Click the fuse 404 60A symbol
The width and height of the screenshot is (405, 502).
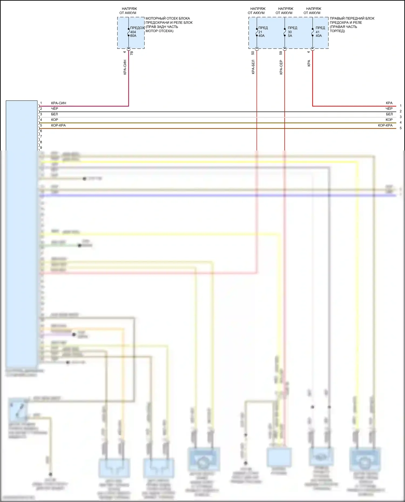click(x=129, y=32)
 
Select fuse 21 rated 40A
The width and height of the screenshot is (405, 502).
click(x=257, y=32)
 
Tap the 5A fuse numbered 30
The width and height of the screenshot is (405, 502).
click(x=285, y=32)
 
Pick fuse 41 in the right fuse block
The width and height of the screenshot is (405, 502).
click(x=313, y=32)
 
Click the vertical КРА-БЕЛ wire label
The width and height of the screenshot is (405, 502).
click(x=253, y=67)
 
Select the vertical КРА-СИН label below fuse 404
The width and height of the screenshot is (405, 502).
click(x=125, y=67)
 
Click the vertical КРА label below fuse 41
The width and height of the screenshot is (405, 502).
click(x=309, y=63)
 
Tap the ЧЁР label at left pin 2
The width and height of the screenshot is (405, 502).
click(x=55, y=108)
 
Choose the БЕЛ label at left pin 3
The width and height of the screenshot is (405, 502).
click(x=54, y=114)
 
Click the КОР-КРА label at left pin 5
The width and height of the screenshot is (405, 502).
click(x=58, y=125)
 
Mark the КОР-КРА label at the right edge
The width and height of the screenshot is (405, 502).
click(x=385, y=125)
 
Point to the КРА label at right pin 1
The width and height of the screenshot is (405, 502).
click(x=389, y=103)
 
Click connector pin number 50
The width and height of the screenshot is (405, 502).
click(x=253, y=53)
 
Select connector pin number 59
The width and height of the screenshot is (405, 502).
click(x=281, y=53)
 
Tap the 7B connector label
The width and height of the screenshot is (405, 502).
click(x=132, y=53)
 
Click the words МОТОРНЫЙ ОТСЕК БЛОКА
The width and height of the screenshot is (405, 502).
click(x=168, y=18)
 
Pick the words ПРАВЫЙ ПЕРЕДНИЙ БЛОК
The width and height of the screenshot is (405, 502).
click(x=352, y=18)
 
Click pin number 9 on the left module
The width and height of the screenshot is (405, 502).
click(x=41, y=148)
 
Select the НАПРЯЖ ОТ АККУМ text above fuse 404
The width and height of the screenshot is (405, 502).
click(x=128, y=11)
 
